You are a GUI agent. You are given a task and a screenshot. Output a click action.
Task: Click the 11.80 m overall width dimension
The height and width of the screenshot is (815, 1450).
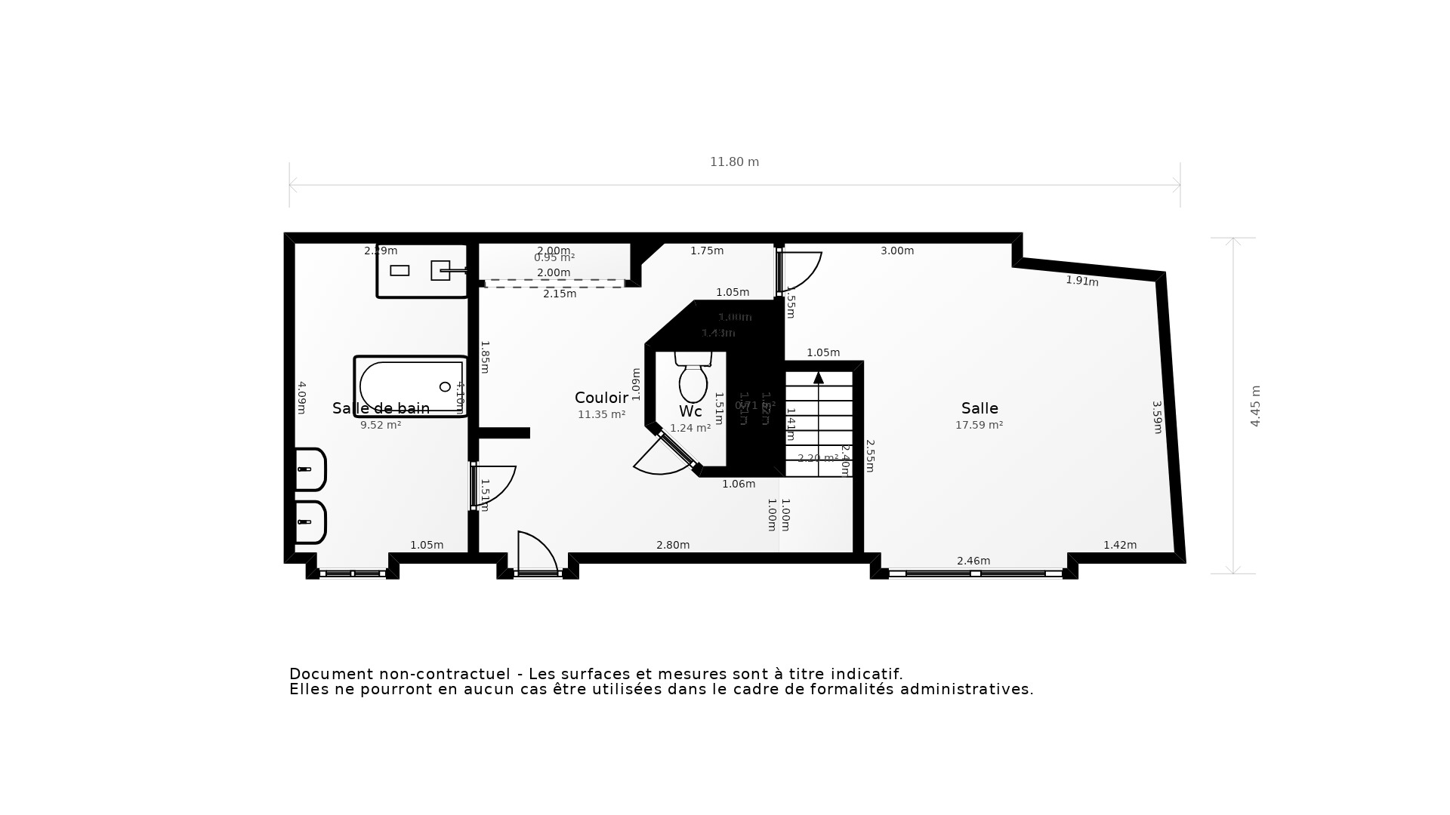[734, 162]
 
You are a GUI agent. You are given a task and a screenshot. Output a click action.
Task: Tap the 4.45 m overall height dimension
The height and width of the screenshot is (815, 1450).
[1255, 406]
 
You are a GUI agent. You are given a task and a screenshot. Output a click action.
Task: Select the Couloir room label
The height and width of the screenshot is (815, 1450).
[601, 398]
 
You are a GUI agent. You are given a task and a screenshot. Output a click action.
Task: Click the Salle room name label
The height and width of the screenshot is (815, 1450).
[980, 408]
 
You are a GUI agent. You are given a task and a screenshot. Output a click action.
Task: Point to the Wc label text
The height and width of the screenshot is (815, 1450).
[690, 411]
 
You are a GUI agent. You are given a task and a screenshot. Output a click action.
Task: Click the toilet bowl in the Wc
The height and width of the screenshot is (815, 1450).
[693, 383]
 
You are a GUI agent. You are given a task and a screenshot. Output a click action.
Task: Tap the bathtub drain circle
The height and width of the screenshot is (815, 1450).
[445, 387]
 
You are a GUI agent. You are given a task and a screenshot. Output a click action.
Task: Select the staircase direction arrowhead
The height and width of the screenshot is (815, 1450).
[819, 377]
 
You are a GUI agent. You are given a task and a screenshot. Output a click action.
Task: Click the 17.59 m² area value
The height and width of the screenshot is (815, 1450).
[979, 425]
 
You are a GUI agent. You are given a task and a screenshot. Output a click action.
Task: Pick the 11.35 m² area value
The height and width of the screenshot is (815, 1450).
[601, 414]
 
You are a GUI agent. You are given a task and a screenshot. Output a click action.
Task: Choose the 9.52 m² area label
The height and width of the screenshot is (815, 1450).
[381, 425]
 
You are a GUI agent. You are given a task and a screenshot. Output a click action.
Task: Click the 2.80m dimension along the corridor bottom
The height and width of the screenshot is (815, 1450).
[673, 545]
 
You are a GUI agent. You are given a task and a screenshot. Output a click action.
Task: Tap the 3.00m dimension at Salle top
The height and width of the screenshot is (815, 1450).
[897, 251]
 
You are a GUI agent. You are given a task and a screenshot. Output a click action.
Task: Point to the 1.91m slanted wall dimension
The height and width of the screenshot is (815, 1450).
[1081, 281]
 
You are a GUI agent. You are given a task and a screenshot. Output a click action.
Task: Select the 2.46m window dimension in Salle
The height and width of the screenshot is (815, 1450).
[973, 561]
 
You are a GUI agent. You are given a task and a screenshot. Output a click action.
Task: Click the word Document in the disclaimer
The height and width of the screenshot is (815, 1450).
[331, 674]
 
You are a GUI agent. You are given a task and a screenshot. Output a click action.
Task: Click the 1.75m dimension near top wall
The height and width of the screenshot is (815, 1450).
[707, 251]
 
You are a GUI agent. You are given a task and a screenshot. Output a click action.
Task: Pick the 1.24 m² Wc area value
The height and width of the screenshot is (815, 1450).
[690, 428]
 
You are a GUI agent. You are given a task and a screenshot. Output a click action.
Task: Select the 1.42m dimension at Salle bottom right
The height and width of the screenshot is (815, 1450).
[1120, 545]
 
